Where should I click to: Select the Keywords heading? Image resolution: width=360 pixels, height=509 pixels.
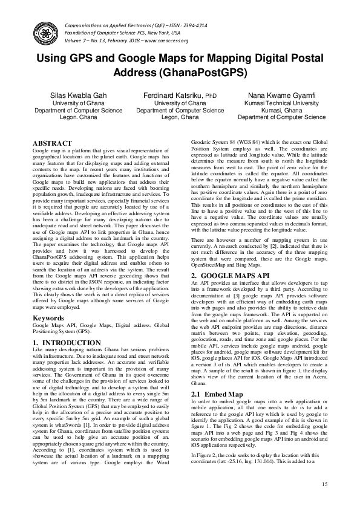click(x=48, y=317)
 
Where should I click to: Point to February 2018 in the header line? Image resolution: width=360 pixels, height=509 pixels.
click(x=113, y=41)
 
